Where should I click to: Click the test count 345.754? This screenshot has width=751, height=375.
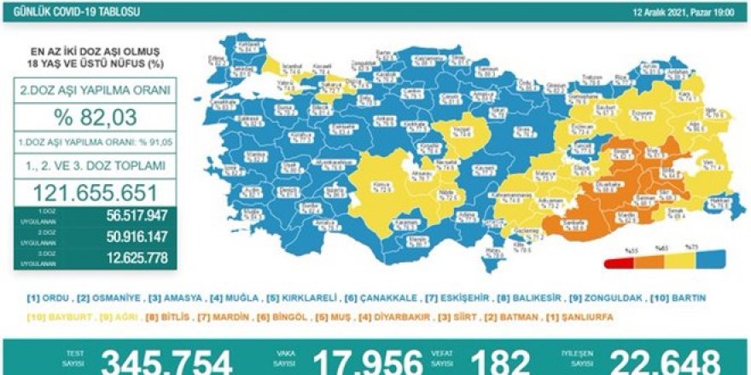click(x=166, y=361)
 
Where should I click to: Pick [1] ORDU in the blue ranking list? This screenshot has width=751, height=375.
click(x=44, y=298)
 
